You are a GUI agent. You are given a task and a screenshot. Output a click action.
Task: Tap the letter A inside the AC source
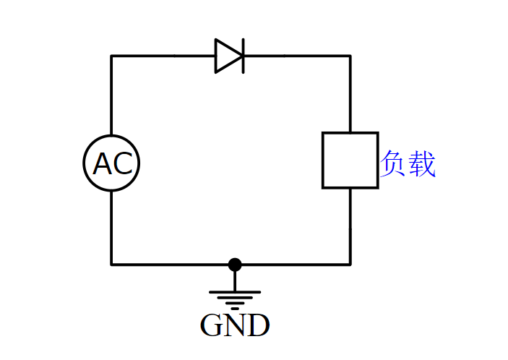point(103,165)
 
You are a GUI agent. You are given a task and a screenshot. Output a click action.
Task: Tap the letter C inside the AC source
point(122,165)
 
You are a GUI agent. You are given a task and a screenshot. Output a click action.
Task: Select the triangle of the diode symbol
point(226,56)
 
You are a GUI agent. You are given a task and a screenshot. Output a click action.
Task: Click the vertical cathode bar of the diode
point(243,56)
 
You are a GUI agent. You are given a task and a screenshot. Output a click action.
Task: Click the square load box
point(350,160)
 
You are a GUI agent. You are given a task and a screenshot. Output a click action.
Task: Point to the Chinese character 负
point(394,165)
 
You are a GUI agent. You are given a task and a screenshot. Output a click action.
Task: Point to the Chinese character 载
point(422,165)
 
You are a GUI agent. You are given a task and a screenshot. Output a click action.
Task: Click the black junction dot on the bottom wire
point(235,265)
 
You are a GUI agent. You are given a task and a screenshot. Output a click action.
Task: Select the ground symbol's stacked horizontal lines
point(235,298)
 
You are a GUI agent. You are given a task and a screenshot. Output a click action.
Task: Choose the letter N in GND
point(235,326)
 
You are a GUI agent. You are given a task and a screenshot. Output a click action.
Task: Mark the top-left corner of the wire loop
point(111,56)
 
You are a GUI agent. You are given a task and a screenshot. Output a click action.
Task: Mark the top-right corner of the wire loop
point(350,56)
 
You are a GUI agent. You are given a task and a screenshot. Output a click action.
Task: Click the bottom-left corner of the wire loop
point(111,265)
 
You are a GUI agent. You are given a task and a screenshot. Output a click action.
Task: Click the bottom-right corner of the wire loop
point(350,265)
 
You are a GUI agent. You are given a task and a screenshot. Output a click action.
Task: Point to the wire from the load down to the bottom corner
point(350,226)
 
